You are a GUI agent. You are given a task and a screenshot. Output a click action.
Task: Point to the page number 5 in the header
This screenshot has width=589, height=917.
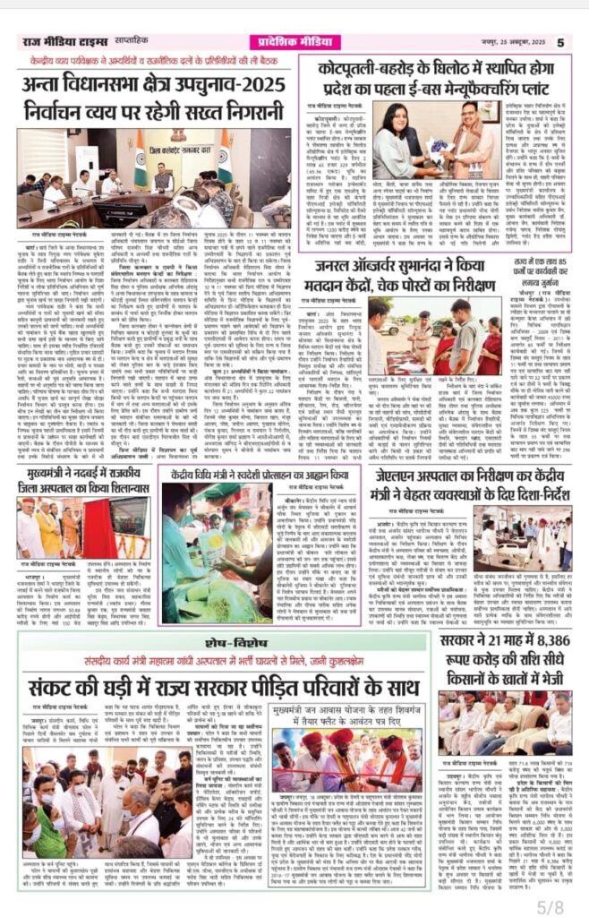560,41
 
